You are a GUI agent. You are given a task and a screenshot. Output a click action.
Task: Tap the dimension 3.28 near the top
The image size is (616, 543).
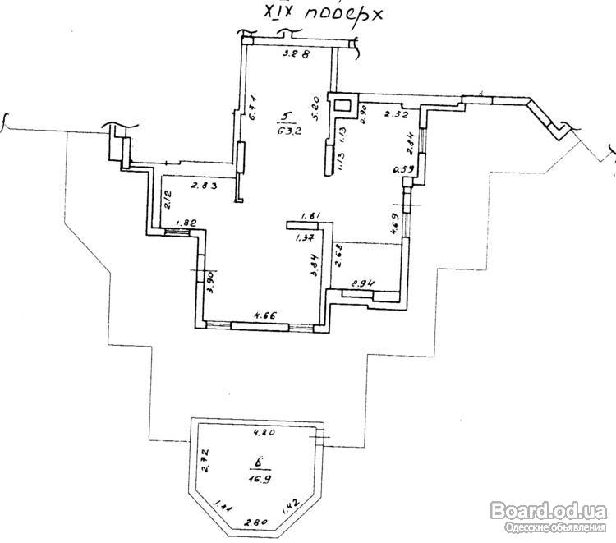[x=295, y=55]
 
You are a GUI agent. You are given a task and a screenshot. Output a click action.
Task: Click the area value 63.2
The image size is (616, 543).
[x=283, y=130]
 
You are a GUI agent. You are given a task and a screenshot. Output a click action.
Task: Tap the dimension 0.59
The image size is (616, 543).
[x=402, y=171]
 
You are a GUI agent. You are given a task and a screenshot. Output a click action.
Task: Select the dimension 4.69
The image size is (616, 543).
[x=394, y=224]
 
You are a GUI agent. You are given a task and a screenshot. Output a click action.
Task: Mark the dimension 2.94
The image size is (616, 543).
[x=363, y=284]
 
